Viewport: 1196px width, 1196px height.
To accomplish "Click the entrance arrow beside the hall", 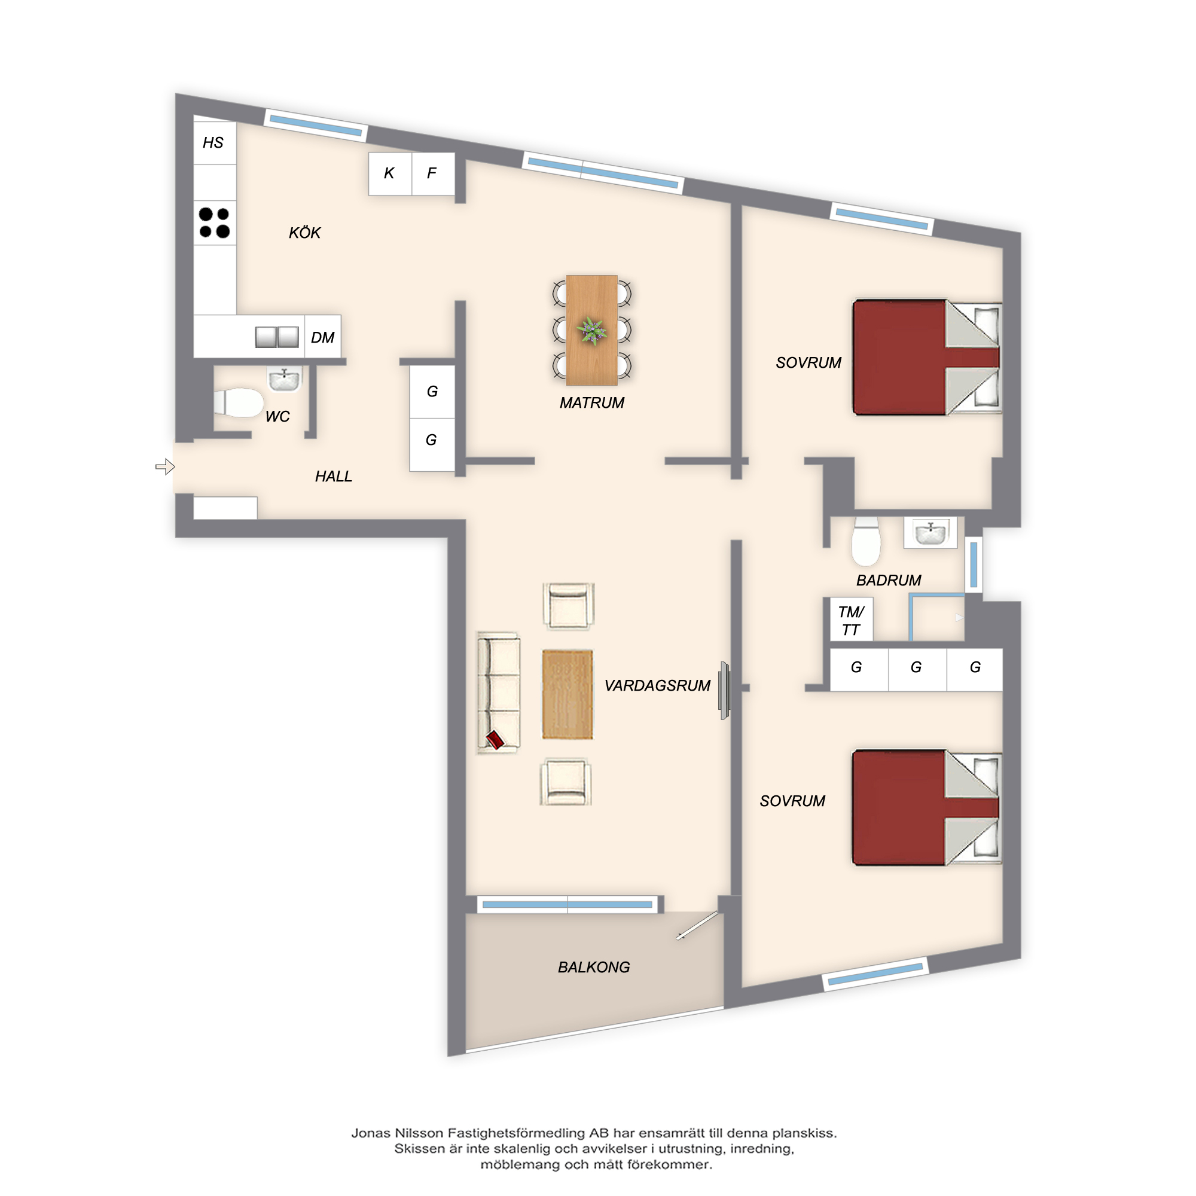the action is (x=165, y=467).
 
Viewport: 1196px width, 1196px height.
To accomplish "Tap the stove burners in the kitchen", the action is (x=215, y=223).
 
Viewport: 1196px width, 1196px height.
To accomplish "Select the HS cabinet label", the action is (x=213, y=143).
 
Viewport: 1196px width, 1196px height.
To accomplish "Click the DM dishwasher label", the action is (x=322, y=337).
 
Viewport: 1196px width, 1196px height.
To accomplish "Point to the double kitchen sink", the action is (x=277, y=337).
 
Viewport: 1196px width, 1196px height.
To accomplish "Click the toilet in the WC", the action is (x=239, y=402).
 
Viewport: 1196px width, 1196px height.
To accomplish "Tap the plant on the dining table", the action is (x=592, y=331).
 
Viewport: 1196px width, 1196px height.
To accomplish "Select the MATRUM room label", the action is (x=592, y=403).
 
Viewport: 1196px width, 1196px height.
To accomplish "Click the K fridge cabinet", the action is (x=390, y=174).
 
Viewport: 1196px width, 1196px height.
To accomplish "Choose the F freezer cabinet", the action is (x=434, y=174).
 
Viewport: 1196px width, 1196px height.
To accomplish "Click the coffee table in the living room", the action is (x=568, y=694).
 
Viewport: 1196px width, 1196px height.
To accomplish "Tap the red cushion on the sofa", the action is (x=495, y=739).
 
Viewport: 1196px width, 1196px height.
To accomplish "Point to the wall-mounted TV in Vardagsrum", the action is (x=724, y=690).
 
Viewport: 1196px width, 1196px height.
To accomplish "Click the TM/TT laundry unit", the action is (x=851, y=619).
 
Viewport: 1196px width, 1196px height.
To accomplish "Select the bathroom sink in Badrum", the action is (x=930, y=532).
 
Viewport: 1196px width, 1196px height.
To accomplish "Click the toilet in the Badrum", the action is (x=865, y=542).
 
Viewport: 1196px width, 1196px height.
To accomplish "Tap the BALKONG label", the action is (x=594, y=967).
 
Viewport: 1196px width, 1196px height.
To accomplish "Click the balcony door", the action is (x=698, y=925).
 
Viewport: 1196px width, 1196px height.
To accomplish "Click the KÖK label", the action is (x=304, y=233).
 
